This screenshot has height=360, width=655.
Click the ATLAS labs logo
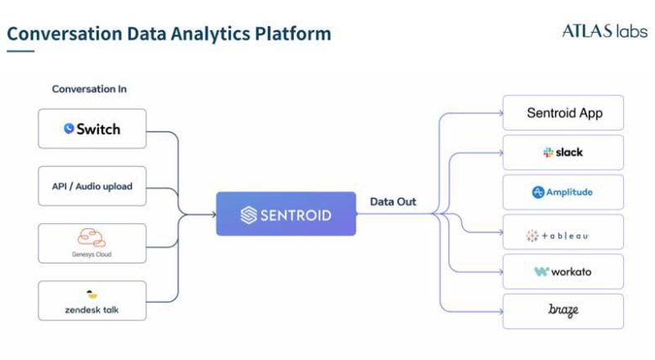pos(604,32)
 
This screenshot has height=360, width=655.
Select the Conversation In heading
pos(89,89)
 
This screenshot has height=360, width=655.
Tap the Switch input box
pos(92,129)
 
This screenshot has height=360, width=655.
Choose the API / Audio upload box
pos(92,186)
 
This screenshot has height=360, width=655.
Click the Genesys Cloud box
pos(92,243)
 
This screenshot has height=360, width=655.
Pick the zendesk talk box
pos(92,300)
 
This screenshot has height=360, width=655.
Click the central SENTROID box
pos(286,214)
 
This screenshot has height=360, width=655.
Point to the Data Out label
pos(393,201)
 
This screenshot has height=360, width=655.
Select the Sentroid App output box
pos(563,112)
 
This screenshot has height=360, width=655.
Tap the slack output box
pos(563,153)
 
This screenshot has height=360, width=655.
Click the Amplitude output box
pos(563,192)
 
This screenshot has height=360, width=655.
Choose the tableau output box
pos(563,232)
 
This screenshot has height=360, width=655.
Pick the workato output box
pos(563,272)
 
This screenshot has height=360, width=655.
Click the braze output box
pos(563,311)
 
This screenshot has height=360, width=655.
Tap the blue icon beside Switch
pos(69,129)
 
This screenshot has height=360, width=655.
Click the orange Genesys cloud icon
pos(92,237)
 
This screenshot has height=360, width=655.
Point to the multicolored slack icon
pos(548,153)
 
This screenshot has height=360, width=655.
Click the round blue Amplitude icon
pos(538,192)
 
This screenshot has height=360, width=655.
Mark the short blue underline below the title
pos(20,51)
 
